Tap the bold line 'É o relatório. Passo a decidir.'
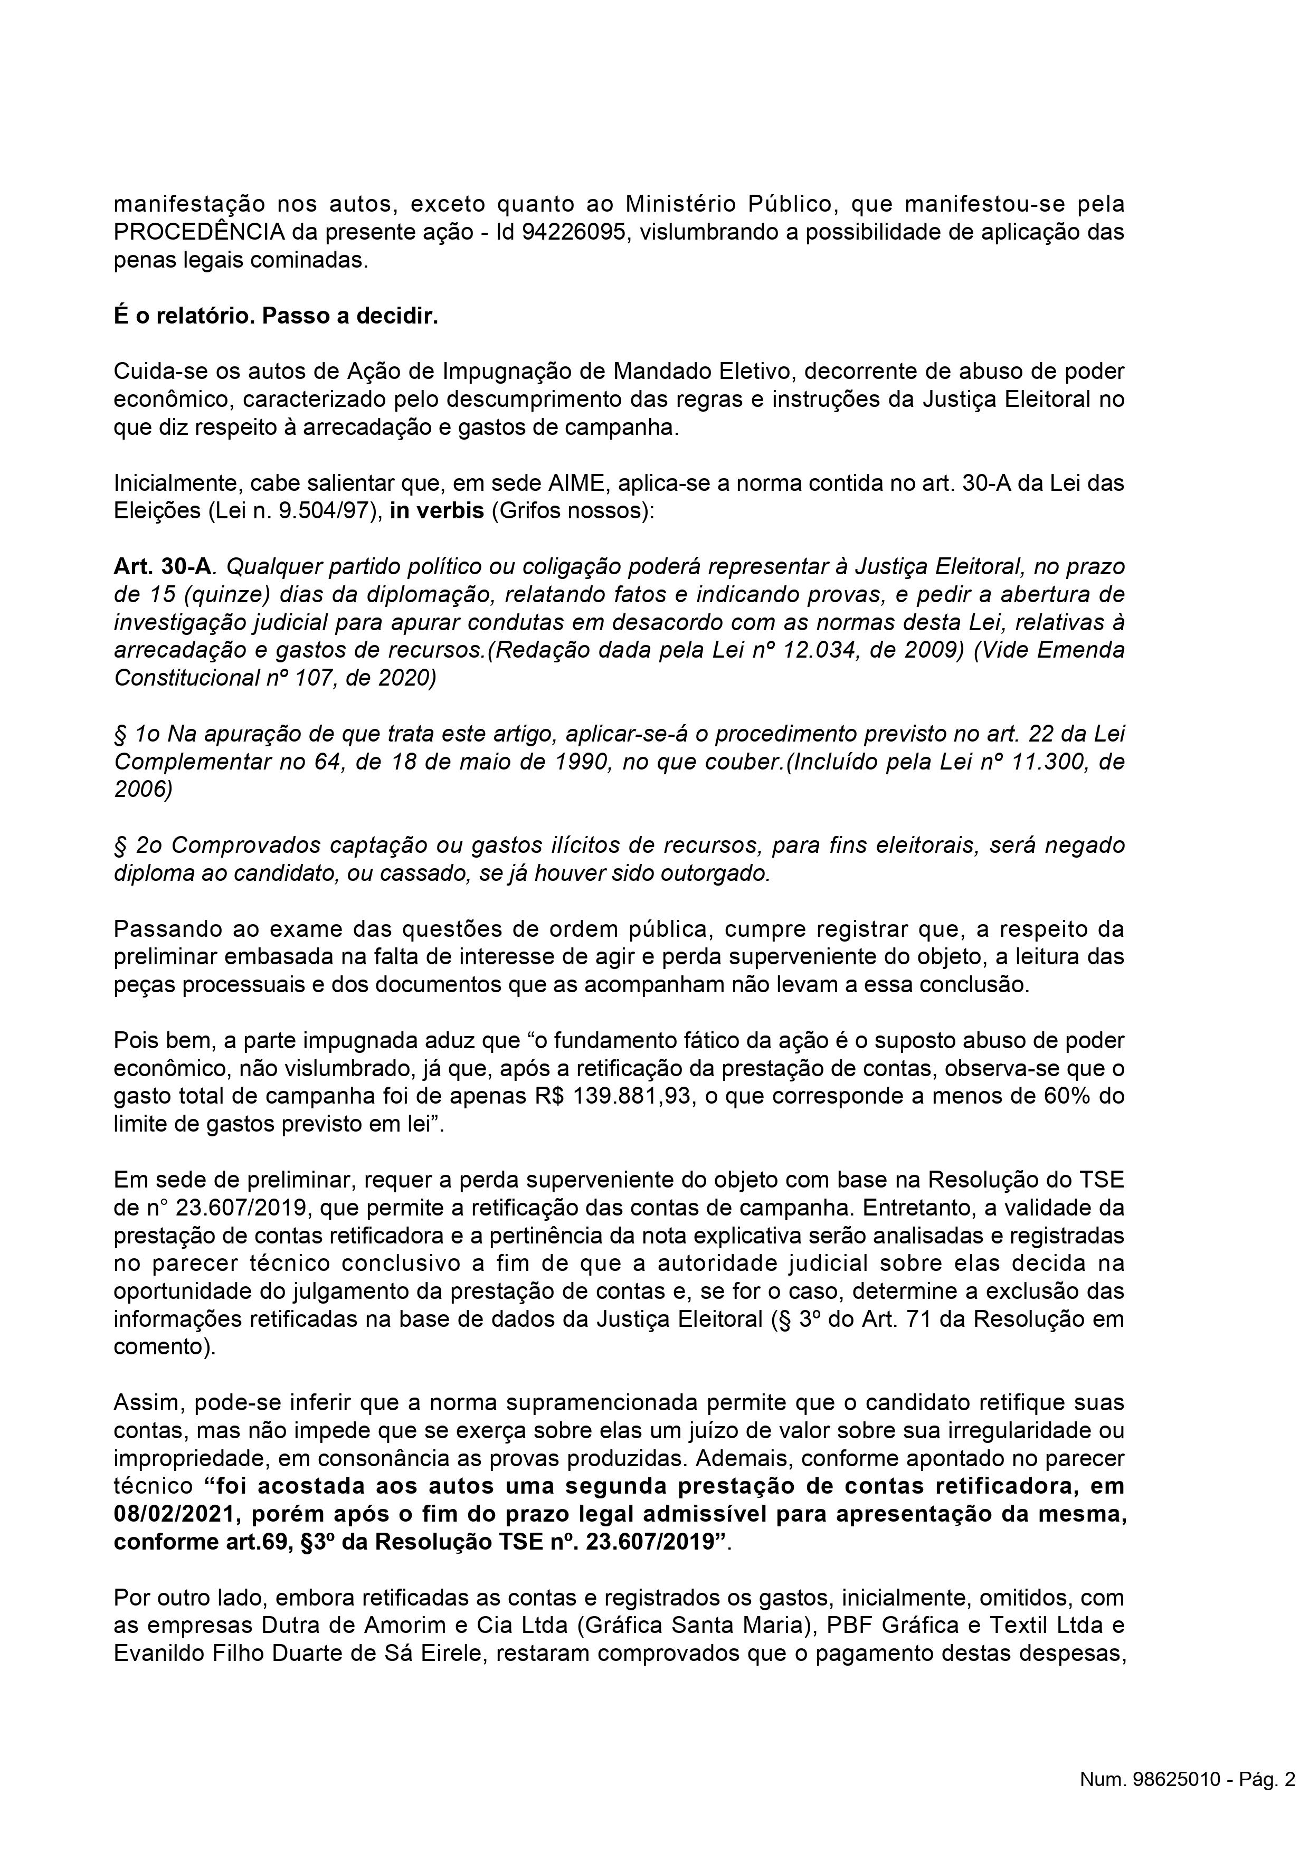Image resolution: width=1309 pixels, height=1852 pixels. click(276, 316)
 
